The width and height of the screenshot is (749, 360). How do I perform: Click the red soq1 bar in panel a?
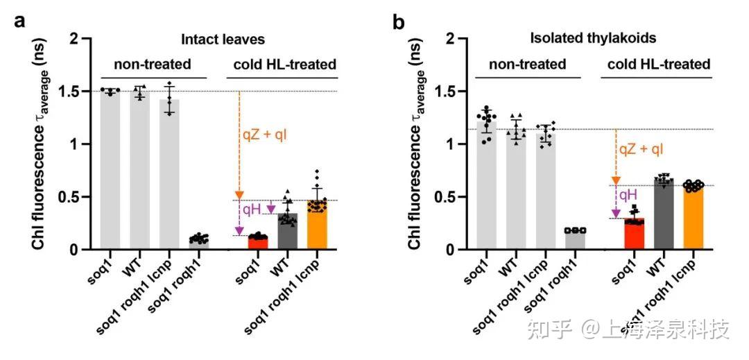(x=258, y=242)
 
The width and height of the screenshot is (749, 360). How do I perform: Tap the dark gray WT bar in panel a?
(x=287, y=232)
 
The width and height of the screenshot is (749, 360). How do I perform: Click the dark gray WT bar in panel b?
(x=664, y=215)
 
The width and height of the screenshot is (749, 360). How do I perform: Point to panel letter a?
(x=21, y=21)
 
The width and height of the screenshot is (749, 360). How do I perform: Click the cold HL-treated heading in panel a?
(x=284, y=65)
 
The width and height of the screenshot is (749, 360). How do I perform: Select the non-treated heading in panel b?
(x=528, y=65)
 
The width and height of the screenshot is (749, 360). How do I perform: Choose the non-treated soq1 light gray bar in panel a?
(x=110, y=170)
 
